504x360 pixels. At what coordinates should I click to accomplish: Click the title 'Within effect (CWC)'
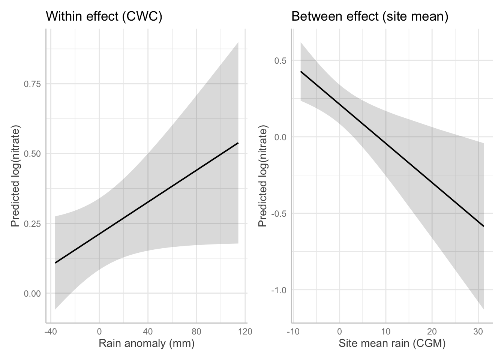click(x=104, y=17)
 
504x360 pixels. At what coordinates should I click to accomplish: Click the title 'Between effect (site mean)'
click(x=370, y=17)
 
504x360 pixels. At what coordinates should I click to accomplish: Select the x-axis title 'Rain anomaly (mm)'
click(x=147, y=343)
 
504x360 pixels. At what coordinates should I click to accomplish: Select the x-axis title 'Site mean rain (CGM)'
click(x=392, y=343)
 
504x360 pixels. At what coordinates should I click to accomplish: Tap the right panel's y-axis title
click(x=263, y=177)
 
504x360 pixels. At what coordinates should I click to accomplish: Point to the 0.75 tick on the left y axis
click(x=32, y=84)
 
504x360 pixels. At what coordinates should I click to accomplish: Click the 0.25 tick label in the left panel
click(x=32, y=223)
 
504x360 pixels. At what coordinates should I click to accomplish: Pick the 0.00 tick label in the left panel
click(x=32, y=293)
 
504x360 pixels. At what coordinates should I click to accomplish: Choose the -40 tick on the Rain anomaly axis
click(x=48, y=331)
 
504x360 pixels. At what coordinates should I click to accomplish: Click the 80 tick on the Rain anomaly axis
click(x=196, y=331)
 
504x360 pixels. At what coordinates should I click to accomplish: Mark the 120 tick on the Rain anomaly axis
click(x=245, y=331)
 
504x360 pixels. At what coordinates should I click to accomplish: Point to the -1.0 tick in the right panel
click(x=278, y=290)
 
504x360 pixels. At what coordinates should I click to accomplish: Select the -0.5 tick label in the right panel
click(x=278, y=213)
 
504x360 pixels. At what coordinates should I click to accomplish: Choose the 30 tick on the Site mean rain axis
click(x=478, y=331)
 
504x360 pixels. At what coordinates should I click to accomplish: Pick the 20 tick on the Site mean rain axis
click(x=432, y=331)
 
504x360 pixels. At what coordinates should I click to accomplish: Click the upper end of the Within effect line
click(x=238, y=143)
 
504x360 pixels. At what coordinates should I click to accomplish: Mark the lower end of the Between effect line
click(x=484, y=226)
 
